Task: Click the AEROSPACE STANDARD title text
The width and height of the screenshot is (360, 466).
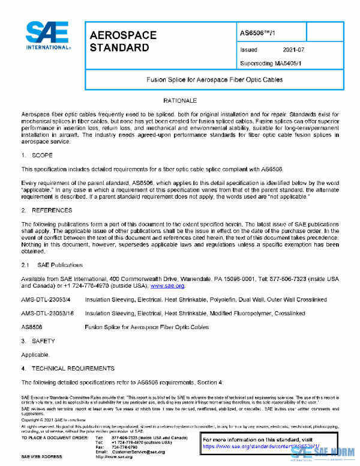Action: click(x=122, y=41)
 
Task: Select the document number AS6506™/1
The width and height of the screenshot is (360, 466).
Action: click(x=256, y=34)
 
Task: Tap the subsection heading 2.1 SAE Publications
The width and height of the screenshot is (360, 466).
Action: click(x=49, y=264)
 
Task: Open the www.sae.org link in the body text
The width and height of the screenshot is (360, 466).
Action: click(x=171, y=286)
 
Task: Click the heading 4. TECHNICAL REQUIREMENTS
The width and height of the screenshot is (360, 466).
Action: click(x=67, y=368)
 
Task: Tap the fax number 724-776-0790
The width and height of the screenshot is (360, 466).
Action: click(x=124, y=447)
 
